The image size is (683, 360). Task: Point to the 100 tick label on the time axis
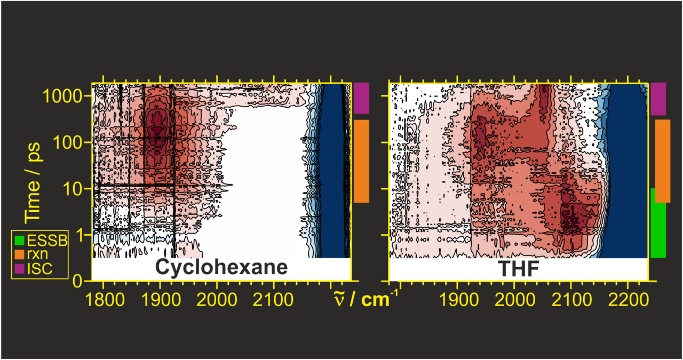coord(70,142)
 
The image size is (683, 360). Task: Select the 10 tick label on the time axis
coord(75,189)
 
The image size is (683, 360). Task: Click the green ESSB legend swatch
coord(20,241)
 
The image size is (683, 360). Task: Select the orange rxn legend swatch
coord(20,254)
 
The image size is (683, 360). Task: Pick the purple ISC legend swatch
coord(20,268)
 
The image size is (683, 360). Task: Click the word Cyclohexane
coord(221,267)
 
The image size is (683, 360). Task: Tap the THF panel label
coord(518,269)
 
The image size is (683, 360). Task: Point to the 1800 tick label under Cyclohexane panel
coord(102,296)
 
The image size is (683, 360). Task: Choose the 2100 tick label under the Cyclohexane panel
coord(274,296)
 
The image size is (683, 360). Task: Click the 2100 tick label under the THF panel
coord(571,296)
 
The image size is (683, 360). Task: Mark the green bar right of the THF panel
coord(658,222)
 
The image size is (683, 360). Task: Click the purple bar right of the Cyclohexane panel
coord(361,98)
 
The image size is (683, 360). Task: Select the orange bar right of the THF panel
coord(663,161)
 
